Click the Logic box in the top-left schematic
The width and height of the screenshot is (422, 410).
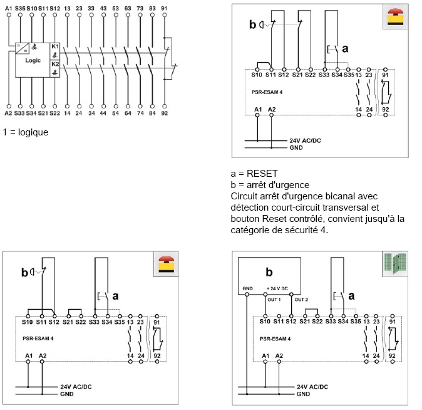point(33,61)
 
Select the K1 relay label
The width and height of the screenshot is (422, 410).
point(55,47)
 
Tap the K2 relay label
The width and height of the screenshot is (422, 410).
point(55,65)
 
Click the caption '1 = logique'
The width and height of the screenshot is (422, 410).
point(26,132)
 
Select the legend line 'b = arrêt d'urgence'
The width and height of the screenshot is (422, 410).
point(270,185)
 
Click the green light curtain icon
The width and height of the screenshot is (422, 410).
point(393,263)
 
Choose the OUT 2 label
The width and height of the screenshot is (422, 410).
point(301,300)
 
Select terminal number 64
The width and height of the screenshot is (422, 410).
point(128,113)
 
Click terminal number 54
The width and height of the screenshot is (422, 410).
point(115,113)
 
